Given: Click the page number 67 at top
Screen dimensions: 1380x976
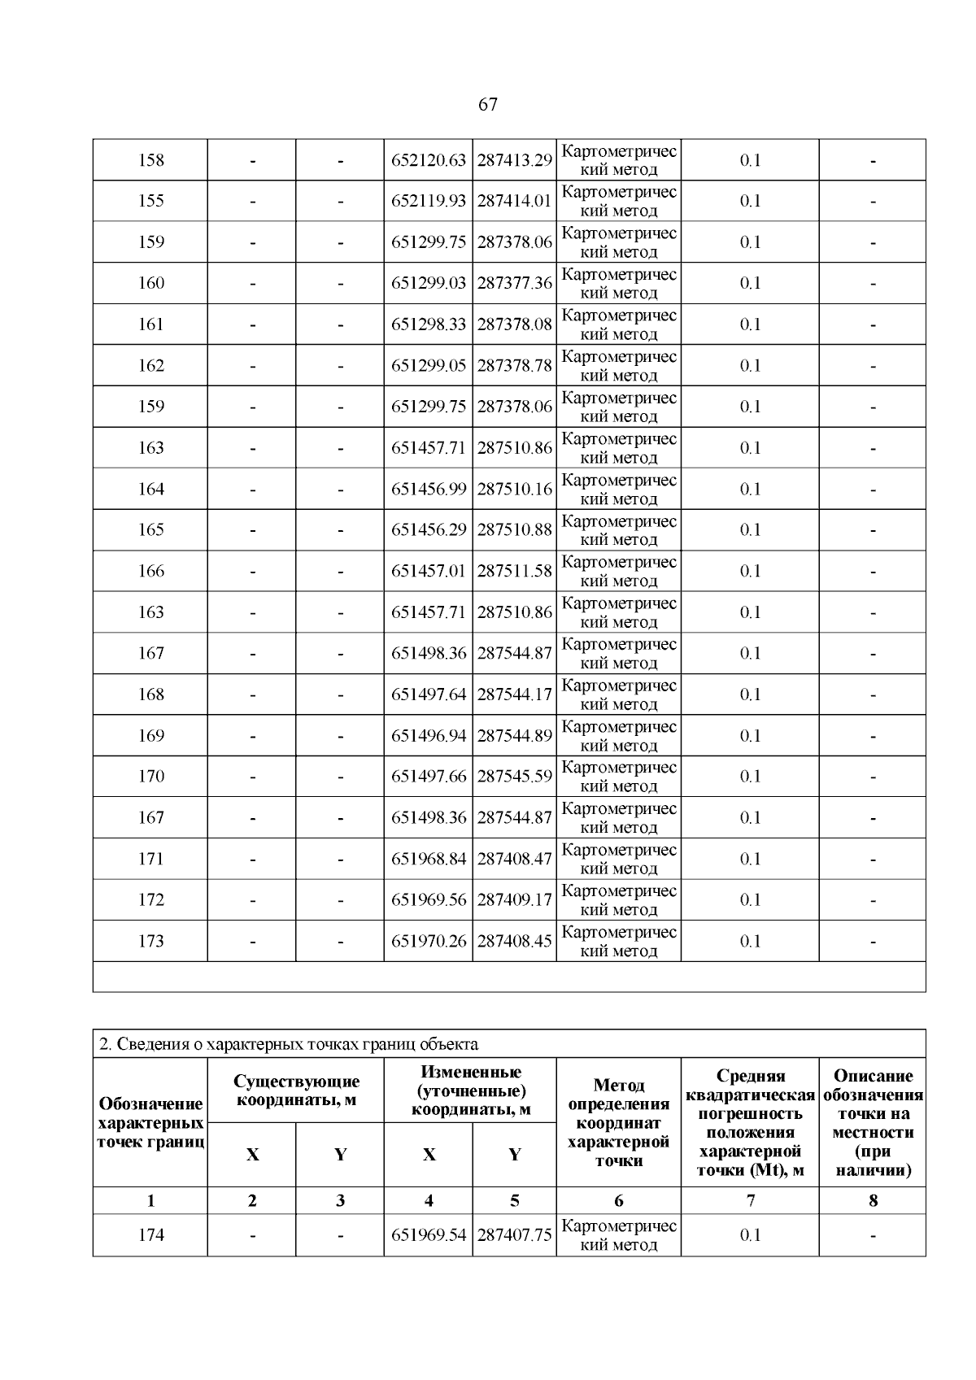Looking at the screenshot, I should (x=488, y=104).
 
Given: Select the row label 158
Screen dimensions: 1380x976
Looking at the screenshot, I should (x=150, y=160).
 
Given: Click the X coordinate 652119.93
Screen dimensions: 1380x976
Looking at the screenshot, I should (x=429, y=201).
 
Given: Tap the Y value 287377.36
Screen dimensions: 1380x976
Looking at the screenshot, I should (x=514, y=283).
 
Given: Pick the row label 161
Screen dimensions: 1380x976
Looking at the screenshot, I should (x=150, y=324).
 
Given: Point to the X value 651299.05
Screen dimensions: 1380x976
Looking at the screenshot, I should (x=429, y=365).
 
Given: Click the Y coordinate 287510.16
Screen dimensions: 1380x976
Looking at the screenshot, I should (x=514, y=489).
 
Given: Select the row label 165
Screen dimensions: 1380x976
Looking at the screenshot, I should (x=150, y=529).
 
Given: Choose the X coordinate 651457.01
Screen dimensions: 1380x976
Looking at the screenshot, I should (x=429, y=571).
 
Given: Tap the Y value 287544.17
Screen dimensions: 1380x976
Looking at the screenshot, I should (x=514, y=694).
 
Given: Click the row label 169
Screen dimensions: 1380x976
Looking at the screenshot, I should (x=150, y=735).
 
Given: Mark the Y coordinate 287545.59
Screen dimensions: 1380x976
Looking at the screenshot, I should (x=514, y=776).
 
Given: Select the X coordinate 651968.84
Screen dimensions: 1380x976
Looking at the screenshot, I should (x=429, y=859).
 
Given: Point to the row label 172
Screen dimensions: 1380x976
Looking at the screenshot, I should (x=150, y=899).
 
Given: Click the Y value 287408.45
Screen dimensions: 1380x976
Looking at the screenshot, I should (x=514, y=941).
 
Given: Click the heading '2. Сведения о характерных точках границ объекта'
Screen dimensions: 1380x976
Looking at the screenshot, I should (x=289, y=1044).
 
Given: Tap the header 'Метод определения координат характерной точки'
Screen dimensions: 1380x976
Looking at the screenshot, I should (x=618, y=1122).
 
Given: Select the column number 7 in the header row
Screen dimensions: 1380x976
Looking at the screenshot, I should (x=750, y=1200).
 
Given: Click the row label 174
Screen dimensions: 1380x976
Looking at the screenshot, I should (x=150, y=1234).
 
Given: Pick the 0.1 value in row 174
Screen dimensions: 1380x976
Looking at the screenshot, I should (x=750, y=1234).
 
